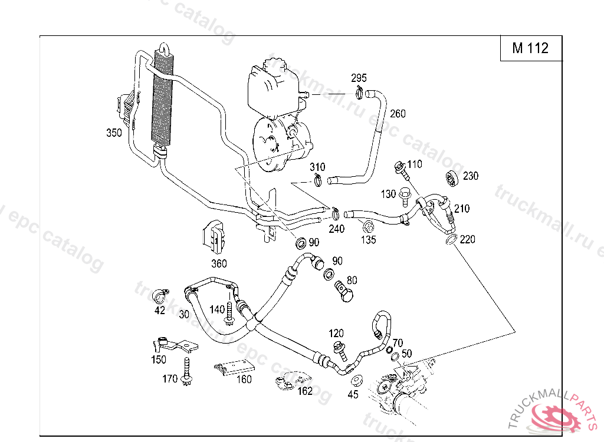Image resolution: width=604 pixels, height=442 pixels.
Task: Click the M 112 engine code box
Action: [x=530, y=48]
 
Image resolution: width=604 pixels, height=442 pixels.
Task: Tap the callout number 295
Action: [x=359, y=78]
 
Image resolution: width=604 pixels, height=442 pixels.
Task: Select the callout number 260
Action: [x=398, y=114]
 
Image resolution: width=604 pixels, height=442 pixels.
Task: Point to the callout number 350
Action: [x=114, y=133]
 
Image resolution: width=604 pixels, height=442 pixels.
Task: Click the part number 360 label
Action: [x=218, y=263]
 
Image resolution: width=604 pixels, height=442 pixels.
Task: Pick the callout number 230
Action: [x=471, y=176]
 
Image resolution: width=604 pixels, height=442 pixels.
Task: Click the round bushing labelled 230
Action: [x=452, y=178]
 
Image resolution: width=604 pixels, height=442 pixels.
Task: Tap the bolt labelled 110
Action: [x=402, y=170]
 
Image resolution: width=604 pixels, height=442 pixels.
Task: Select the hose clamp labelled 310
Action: [x=317, y=179]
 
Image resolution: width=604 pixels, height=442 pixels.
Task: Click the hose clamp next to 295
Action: [x=359, y=91]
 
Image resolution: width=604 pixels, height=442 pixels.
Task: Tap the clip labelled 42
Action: [x=159, y=293]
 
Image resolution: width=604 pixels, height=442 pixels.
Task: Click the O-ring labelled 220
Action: [x=449, y=240]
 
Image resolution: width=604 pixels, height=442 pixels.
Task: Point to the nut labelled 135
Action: [x=367, y=225]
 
